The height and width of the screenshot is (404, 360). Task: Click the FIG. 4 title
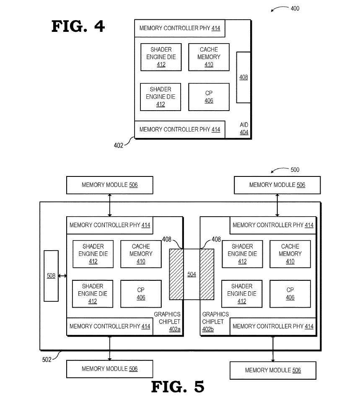[78, 26]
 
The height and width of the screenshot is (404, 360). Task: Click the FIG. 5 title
[177, 387]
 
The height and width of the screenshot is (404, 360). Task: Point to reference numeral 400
[295, 8]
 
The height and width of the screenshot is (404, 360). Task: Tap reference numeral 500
[295, 170]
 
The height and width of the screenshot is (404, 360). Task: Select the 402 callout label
[119, 145]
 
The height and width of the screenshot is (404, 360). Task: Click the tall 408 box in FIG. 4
[243, 77]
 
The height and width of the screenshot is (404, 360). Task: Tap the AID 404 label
[244, 129]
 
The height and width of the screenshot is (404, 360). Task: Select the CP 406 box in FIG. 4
[209, 97]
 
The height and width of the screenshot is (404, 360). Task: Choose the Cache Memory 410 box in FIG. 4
[209, 57]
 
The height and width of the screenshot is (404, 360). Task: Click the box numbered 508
[51, 275]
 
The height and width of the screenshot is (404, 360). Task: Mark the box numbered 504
[192, 274]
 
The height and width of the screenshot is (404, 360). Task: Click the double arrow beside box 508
[62, 275]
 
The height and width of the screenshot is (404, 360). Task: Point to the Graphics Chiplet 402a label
[168, 321]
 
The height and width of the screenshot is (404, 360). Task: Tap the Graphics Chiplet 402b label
[215, 321]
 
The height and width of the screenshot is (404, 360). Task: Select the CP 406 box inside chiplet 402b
[290, 294]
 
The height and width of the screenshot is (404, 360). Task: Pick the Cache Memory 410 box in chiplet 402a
[141, 254]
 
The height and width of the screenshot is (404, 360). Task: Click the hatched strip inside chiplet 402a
[176, 274]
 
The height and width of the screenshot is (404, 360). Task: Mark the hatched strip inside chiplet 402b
[207, 274]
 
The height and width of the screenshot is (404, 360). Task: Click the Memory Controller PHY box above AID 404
[180, 129]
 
